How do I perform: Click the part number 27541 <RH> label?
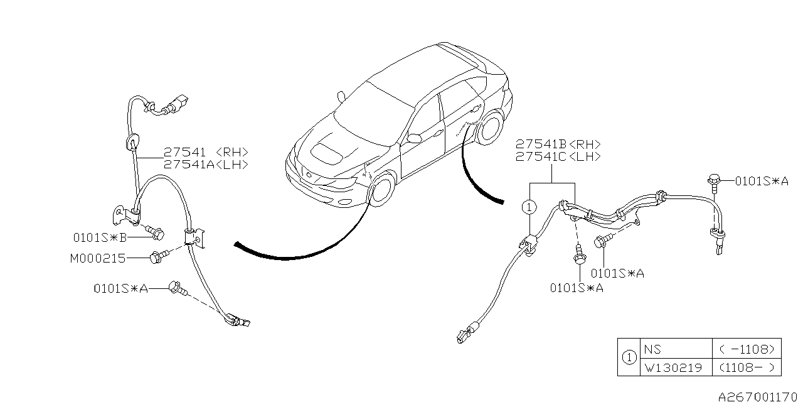(x=206, y=153)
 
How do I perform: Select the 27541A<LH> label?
(x=206, y=165)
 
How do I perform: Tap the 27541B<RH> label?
(x=558, y=144)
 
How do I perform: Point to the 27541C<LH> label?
(x=558, y=156)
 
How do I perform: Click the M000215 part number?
(x=98, y=258)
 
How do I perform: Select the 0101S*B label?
(x=100, y=237)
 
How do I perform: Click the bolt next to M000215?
(x=157, y=257)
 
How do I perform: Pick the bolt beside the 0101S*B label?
(x=157, y=232)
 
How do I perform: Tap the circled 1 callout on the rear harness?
(x=529, y=207)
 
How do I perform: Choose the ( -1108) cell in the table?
(x=747, y=349)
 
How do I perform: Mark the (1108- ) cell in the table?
(x=747, y=367)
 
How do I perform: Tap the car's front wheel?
(x=383, y=190)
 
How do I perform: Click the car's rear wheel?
(x=491, y=128)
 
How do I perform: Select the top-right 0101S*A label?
(x=762, y=182)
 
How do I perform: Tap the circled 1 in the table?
(x=629, y=358)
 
